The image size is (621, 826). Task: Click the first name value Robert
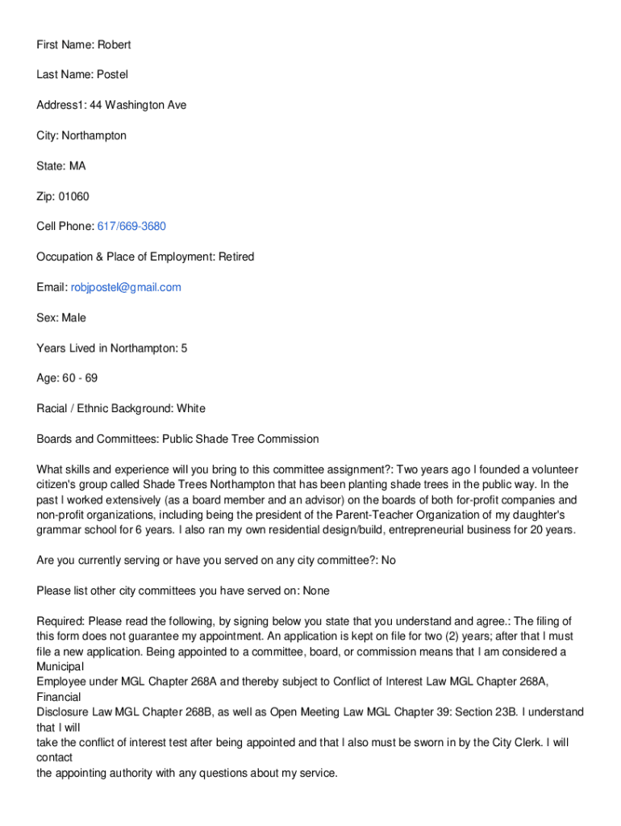click(115, 44)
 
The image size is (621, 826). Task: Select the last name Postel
click(112, 74)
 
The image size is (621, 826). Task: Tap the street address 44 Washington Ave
click(138, 105)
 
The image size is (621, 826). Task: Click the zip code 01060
click(73, 196)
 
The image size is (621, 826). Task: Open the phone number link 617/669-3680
click(131, 226)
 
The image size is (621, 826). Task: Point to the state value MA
click(77, 165)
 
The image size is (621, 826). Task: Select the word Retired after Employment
click(236, 257)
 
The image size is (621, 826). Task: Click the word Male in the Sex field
click(73, 318)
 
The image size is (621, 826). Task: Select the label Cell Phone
click(65, 226)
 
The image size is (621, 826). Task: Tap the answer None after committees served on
click(316, 590)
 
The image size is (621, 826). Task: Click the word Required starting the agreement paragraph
click(60, 621)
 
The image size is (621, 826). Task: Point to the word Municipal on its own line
click(60, 667)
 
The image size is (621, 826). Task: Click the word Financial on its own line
click(59, 697)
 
